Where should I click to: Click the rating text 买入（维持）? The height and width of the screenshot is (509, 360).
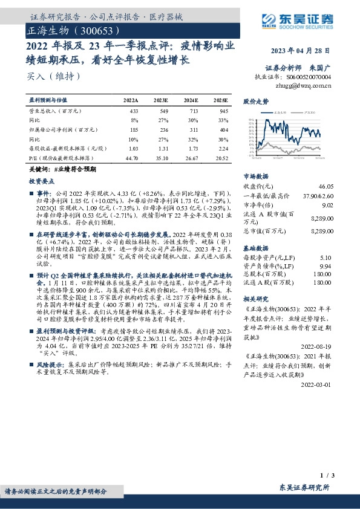tap(45, 76)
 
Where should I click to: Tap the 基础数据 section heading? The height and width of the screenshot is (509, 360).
tap(255, 247)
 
